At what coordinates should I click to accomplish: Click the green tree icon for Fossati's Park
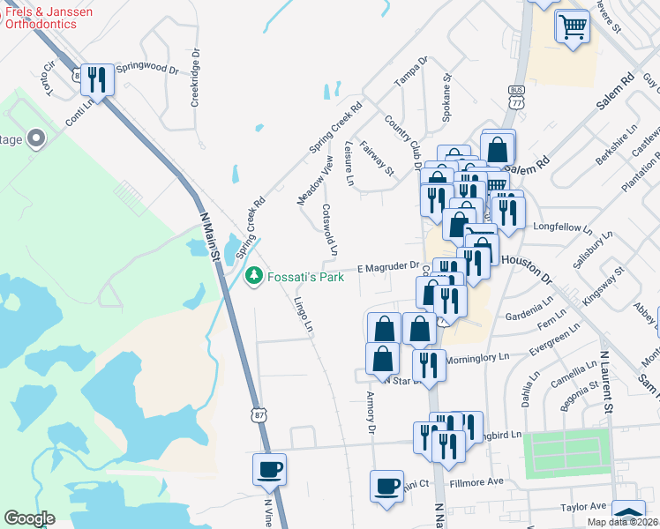click(253, 276)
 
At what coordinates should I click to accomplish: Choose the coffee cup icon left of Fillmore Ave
click(386, 485)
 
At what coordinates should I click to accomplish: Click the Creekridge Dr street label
click(195, 78)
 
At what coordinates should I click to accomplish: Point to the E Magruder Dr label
click(386, 266)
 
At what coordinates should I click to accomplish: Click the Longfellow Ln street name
click(563, 227)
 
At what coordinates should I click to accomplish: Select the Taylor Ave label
click(585, 507)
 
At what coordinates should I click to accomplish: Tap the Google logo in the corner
click(29, 518)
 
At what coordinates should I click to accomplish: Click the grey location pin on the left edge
click(36, 138)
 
